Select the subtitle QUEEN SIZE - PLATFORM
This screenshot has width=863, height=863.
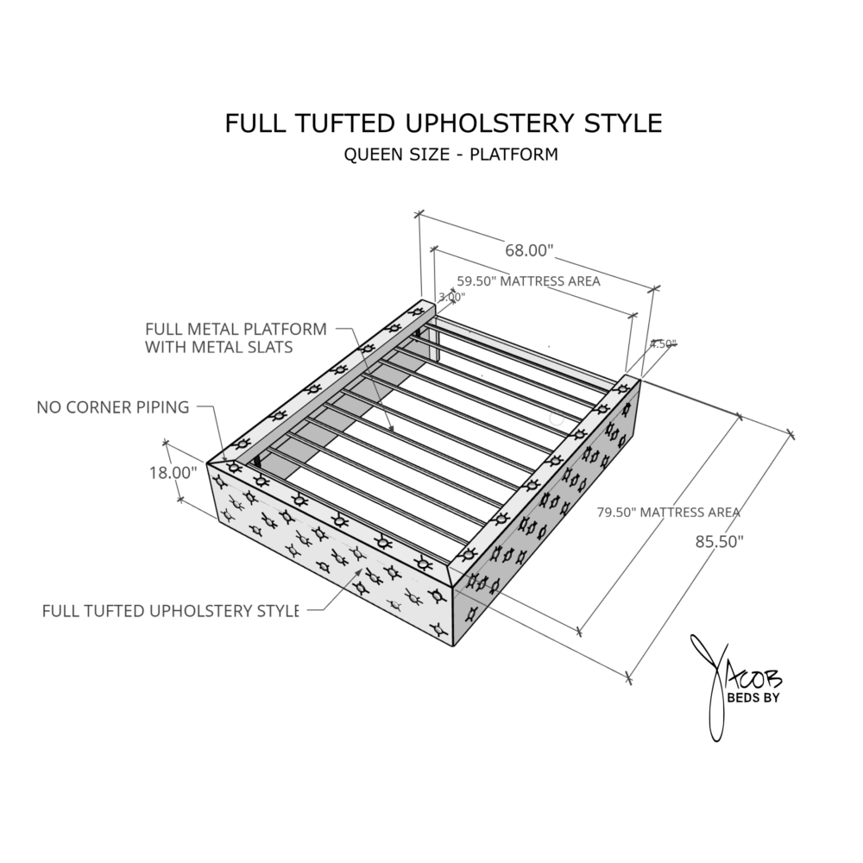coord(450,155)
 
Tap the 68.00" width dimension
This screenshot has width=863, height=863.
coord(529,251)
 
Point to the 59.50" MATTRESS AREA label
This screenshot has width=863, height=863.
coord(528,281)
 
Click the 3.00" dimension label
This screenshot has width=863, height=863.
coord(451,297)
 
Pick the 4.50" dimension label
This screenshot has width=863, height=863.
coord(663,343)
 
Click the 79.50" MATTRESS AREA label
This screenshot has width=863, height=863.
coord(669,513)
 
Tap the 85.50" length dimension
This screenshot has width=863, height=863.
coord(719,541)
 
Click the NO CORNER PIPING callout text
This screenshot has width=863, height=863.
coord(113,407)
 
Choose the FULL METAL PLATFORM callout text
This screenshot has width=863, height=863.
coord(236,330)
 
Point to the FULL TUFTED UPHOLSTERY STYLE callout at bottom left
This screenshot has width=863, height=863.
coord(170,611)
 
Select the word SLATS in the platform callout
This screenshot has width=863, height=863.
coord(270,348)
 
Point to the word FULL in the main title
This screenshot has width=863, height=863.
coord(251,123)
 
